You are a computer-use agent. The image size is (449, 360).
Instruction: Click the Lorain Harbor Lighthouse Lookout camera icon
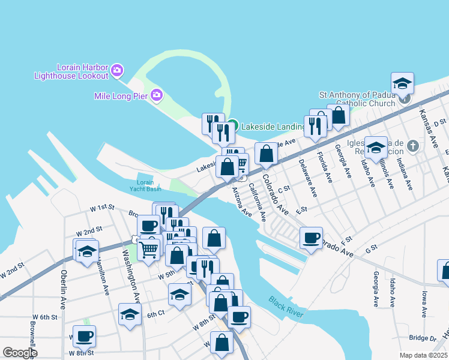click(117, 71)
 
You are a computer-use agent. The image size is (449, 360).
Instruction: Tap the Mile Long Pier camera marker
click(157, 95)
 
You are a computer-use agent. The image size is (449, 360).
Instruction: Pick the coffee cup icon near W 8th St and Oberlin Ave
click(84, 335)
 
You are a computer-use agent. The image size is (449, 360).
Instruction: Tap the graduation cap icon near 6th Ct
click(130, 314)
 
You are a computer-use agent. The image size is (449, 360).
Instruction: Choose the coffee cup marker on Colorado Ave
click(311, 238)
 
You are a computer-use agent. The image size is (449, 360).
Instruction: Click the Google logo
click(20, 353)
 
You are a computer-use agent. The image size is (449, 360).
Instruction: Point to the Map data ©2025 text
click(424, 355)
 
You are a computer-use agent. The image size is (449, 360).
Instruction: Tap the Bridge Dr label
click(421, 338)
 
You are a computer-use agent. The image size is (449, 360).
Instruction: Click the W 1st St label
click(102, 207)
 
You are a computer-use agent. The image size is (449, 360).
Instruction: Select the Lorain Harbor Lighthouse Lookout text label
click(71, 71)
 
